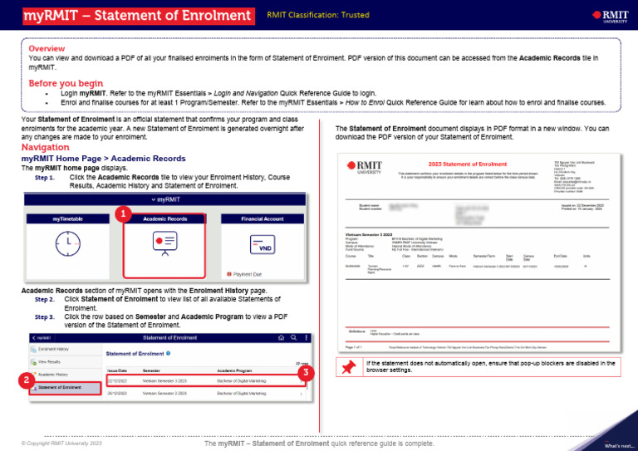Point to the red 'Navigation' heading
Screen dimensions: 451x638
[x=45, y=147]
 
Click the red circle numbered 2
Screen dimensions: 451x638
[x=27, y=380]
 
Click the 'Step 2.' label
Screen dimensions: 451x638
[x=45, y=299]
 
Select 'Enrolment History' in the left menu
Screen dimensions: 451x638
[x=56, y=350]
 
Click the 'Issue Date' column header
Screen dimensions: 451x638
[x=117, y=370]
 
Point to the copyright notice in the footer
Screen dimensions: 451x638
[x=62, y=444]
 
